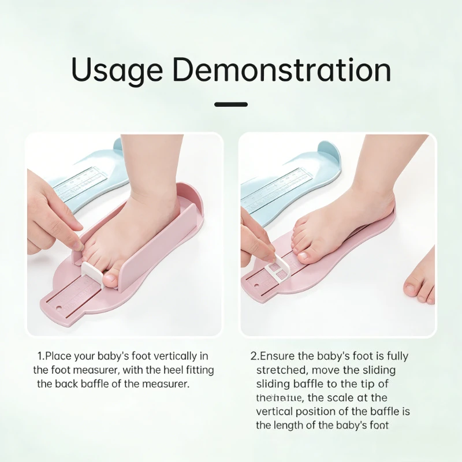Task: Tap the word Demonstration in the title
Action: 282,69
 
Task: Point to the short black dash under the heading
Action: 231,105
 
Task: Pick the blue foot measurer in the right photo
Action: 289,179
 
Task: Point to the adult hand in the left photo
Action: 49,214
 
